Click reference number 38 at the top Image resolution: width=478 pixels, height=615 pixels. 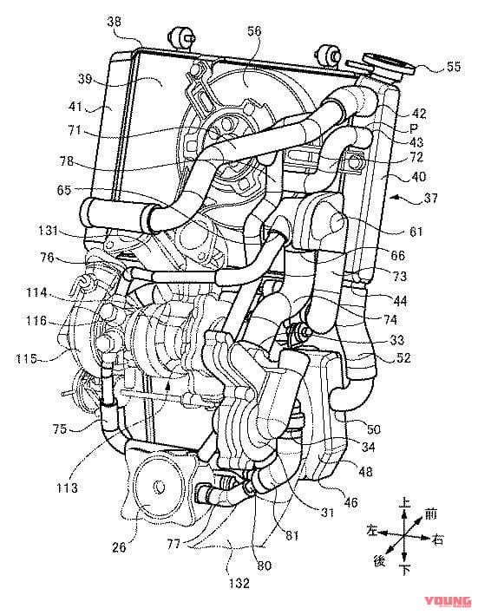pos(115,22)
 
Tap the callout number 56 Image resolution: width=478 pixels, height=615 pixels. pos(253,31)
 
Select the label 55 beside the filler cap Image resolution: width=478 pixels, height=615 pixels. pos(454,67)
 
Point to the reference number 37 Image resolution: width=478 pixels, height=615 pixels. pos(430,197)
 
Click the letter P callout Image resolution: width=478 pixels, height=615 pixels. pos(413,128)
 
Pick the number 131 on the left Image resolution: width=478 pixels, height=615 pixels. pos(49,230)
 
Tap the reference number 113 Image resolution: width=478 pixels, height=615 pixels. pos(67,487)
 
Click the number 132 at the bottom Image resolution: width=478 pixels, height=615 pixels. pos(239,583)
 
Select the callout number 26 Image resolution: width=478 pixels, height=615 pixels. pos(119,546)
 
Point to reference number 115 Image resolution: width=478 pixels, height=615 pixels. pos(27,358)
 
